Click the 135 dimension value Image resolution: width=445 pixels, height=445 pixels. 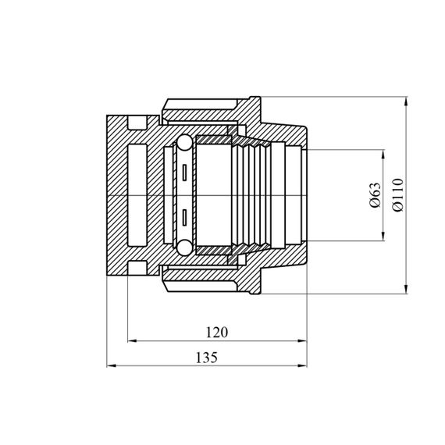pyautogui.click(x=207, y=358)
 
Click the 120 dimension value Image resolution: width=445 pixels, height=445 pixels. pyautogui.click(x=216, y=333)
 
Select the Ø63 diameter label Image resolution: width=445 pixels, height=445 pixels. pyautogui.click(x=376, y=195)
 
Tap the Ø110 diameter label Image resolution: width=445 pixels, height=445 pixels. pyautogui.click(x=397, y=194)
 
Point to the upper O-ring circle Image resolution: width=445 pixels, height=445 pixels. pyautogui.click(x=184, y=142)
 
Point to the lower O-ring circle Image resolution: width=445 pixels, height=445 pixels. pyautogui.click(x=184, y=247)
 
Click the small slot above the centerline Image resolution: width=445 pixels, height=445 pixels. pyautogui.click(x=184, y=173)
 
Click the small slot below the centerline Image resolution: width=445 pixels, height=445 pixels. pyautogui.click(x=184, y=218)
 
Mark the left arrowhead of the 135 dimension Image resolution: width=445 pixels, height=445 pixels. pyautogui.click(x=112, y=365)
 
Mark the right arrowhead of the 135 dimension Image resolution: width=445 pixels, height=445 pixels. pyautogui.click(x=302, y=365)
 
